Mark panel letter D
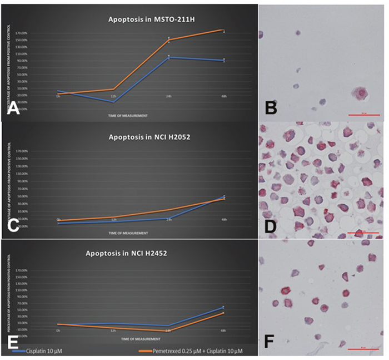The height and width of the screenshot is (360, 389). coord(272,226)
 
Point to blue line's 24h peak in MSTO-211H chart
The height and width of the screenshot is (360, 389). coord(169,57)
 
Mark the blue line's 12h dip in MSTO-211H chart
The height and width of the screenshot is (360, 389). coord(113,102)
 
